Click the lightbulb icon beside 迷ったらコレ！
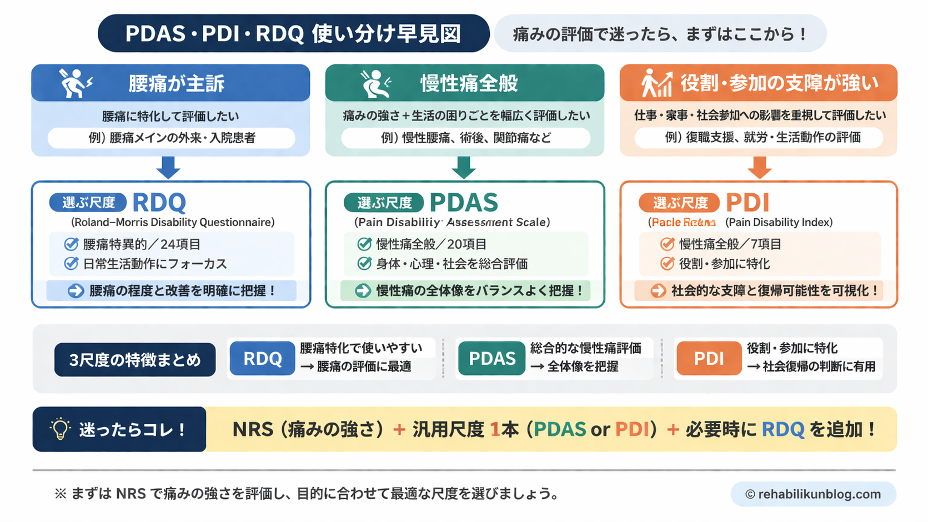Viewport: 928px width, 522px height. coord(59,429)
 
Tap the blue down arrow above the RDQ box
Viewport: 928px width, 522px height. coord(168,167)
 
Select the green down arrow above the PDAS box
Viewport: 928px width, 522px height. coord(464,167)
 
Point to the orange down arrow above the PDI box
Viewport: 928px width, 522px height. coord(759,167)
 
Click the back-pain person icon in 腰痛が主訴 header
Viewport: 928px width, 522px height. coord(76,83)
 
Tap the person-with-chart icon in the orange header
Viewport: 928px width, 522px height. coord(656,83)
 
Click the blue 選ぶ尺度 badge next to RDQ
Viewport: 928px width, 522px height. coord(88,203)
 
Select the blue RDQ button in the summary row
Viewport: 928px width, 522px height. coord(262,359)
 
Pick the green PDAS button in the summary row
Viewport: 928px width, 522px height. coord(491,359)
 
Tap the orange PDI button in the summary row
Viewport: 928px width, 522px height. coord(708,359)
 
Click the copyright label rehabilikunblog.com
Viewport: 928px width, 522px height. coord(813,494)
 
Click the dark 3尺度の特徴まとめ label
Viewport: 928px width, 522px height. coord(135,360)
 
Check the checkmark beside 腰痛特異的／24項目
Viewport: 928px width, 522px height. coord(71,244)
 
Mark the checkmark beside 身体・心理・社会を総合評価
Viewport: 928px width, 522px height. coord(364,263)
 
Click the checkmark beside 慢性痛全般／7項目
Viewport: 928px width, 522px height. coord(667,244)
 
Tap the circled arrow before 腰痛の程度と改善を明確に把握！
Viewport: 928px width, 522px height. coord(76,291)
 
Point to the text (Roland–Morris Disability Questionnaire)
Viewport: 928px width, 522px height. coord(173,222)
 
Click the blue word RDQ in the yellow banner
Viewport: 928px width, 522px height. coord(782,429)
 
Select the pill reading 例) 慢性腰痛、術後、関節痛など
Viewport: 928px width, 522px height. coord(465,138)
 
